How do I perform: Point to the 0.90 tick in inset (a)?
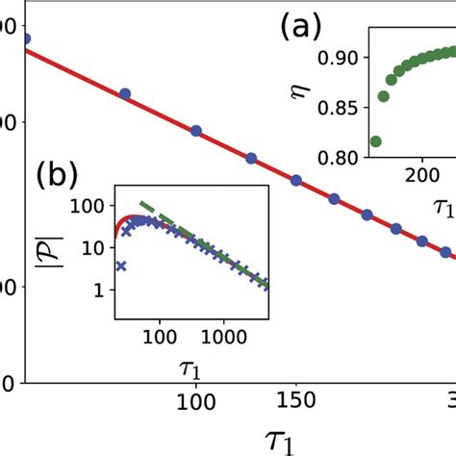click(x=333, y=58)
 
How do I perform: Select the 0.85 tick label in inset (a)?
click(x=333, y=107)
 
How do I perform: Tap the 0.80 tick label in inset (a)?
click(x=333, y=156)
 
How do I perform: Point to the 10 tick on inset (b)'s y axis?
click(x=96, y=248)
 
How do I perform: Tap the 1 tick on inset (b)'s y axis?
click(x=101, y=289)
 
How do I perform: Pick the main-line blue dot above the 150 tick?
click(x=295, y=181)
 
